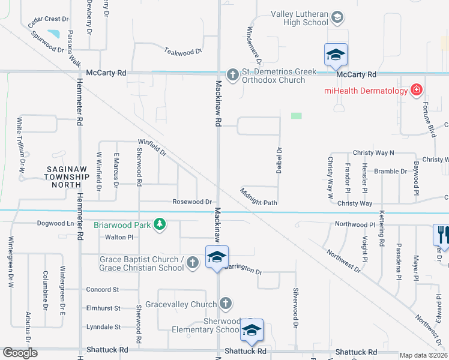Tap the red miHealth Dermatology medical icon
pyautogui.click(x=415, y=91)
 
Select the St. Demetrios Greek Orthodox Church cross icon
pyautogui.click(x=232, y=75)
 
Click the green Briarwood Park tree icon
pyautogui.click(x=159, y=225)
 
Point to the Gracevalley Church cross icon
pyautogui.click(x=225, y=304)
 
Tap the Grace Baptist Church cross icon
pyautogui.click(x=192, y=262)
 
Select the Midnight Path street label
pyautogui.click(x=259, y=197)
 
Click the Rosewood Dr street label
pyautogui.click(x=192, y=202)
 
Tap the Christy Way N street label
pyautogui.click(x=373, y=153)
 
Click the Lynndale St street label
pyautogui.click(x=104, y=327)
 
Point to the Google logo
pyautogui.click(x=20, y=353)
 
